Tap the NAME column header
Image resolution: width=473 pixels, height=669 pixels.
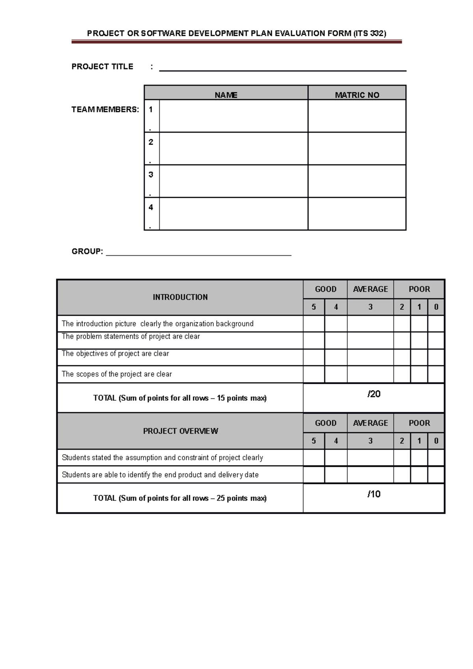coord(226,95)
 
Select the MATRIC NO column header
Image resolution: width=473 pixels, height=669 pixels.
coord(357,95)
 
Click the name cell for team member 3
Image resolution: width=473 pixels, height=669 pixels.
coord(233,181)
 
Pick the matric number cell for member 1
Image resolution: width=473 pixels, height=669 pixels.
coord(357,116)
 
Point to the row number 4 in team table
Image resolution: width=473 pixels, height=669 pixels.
coord(151,208)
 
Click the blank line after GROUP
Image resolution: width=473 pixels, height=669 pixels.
coord(199,252)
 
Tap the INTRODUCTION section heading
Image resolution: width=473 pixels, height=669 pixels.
coord(180,297)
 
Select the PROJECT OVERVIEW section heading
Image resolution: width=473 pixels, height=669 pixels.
coord(180,431)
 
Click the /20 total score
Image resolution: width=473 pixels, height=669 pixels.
coord(374,394)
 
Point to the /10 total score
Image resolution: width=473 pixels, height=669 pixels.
coord(374,494)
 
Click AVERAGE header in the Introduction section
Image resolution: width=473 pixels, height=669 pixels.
coord(370,289)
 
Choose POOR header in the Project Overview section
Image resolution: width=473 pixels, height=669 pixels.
coord(419,423)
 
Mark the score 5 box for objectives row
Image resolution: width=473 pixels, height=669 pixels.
coord(314,357)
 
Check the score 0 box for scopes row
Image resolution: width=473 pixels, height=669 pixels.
coord(436,374)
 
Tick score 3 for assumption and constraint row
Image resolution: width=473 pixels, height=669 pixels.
coord(370,458)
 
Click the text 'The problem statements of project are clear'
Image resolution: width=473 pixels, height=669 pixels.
coord(131,336)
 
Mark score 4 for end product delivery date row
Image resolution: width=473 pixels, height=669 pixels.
coord(336,475)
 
